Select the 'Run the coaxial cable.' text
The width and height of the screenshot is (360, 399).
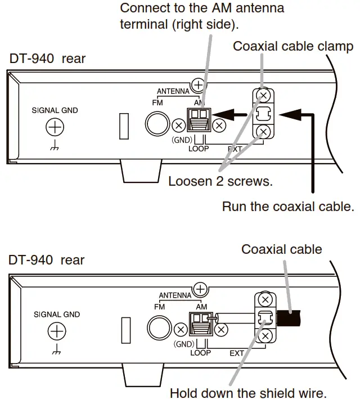tap(287, 207)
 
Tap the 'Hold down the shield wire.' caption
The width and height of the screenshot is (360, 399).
tap(247, 392)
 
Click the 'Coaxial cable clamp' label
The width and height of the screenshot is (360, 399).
tap(293, 46)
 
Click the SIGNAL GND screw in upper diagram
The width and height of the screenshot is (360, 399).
tap(55, 128)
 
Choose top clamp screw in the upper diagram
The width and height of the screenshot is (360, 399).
tap(263, 96)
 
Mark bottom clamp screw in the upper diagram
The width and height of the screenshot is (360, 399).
tap(263, 133)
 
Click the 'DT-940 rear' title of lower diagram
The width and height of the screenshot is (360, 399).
tap(46, 260)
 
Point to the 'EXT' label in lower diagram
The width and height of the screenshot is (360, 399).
tap(235, 353)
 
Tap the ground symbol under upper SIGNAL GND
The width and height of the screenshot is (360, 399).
tap(55, 147)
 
